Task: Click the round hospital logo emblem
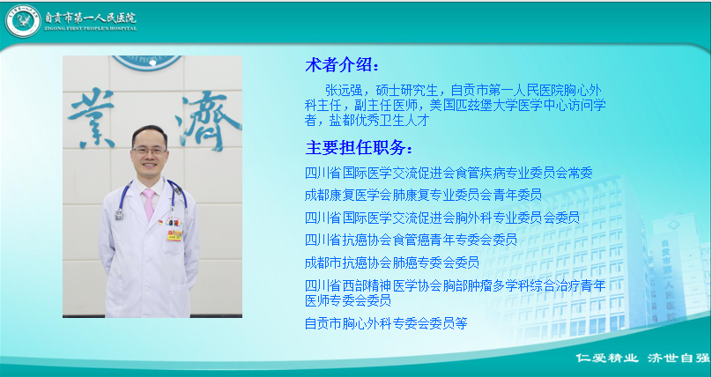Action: pyautogui.click(x=23, y=21)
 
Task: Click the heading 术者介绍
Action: pyautogui.click(x=342, y=65)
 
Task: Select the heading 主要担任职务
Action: pyautogui.click(x=360, y=147)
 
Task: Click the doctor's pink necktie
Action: pyautogui.click(x=149, y=204)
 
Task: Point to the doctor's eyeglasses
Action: pyautogui.click(x=150, y=150)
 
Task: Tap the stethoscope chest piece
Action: pyautogui.click(x=120, y=214)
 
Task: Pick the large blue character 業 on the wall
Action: pyautogui.click(x=91, y=118)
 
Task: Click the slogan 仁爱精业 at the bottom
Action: pyautogui.click(x=606, y=358)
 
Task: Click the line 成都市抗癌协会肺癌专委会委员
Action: pyautogui.click(x=392, y=262)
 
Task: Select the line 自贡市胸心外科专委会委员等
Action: pyautogui.click(x=386, y=323)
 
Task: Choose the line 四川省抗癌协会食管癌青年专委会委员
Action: pyautogui.click(x=411, y=240)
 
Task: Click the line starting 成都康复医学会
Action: pyautogui.click(x=423, y=195)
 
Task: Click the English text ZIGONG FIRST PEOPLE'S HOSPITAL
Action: pyautogui.click(x=91, y=28)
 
